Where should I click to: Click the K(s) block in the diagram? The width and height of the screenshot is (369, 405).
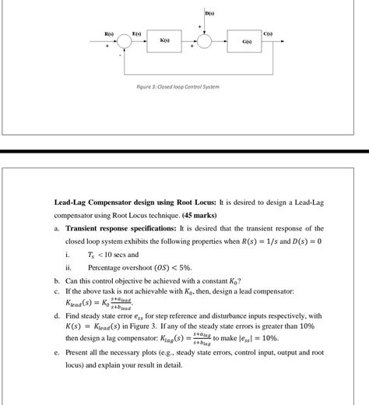click(164, 40)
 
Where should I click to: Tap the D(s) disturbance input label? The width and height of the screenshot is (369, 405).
click(210, 14)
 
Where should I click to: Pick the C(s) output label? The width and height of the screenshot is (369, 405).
click(290, 31)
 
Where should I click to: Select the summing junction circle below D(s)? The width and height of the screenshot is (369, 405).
click(205, 40)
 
